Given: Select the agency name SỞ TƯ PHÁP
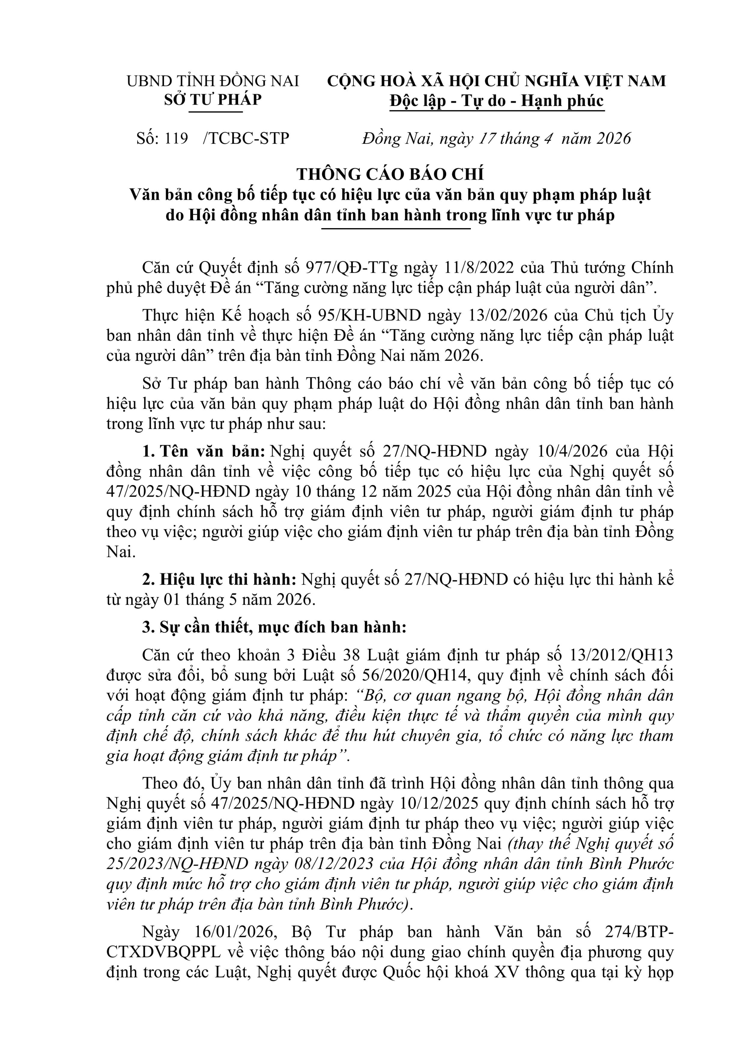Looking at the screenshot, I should (x=213, y=100).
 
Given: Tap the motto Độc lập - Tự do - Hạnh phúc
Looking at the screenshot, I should (x=497, y=101).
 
